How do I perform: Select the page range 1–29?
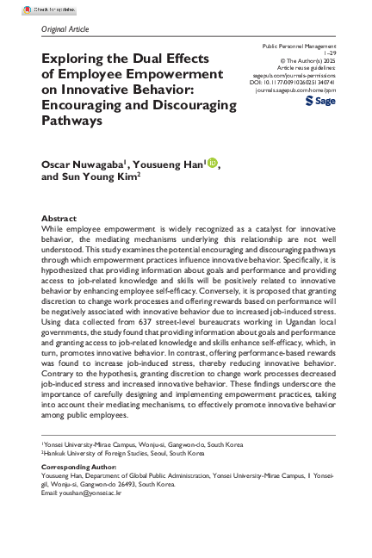click(325, 53)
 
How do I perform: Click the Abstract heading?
click(60, 220)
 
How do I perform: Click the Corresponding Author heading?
click(78, 465)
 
